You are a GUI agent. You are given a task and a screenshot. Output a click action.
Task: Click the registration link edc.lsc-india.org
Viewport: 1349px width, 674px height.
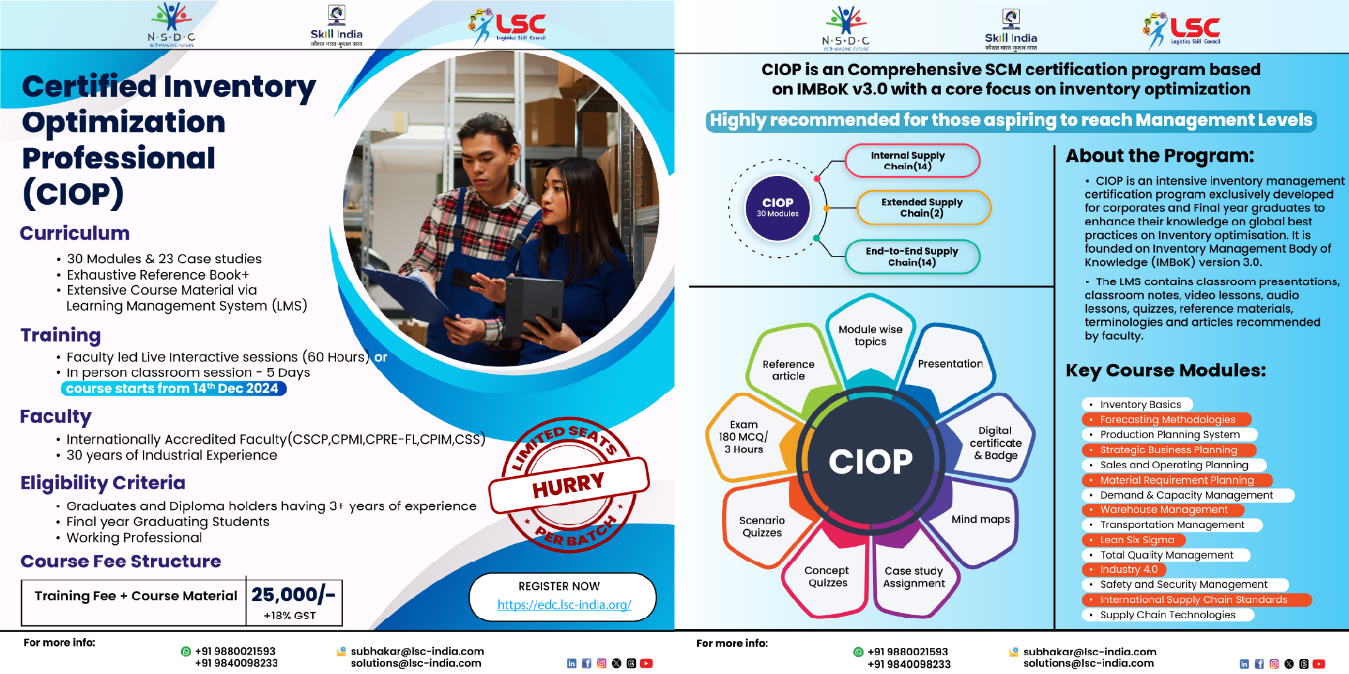pyautogui.click(x=565, y=605)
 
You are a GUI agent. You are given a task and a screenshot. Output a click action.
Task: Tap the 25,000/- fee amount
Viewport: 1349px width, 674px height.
pyautogui.click(x=294, y=595)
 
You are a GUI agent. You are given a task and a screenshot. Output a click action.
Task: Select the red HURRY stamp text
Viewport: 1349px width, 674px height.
pyautogui.click(x=568, y=484)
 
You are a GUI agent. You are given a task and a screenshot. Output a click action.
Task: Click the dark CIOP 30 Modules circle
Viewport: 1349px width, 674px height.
pyautogui.click(x=778, y=208)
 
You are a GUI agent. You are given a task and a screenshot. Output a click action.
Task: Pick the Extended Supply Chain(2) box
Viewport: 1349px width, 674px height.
pyautogui.click(x=922, y=207)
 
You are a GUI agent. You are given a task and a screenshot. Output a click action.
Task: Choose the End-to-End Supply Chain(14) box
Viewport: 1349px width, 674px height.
pyautogui.click(x=912, y=256)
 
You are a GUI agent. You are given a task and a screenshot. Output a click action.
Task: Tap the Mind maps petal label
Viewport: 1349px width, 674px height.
pyautogui.click(x=981, y=519)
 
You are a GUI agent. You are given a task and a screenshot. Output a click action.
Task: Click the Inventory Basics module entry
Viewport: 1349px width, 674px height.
pyautogui.click(x=1137, y=404)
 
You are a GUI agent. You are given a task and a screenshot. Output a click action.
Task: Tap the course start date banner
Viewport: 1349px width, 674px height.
pyautogui.click(x=174, y=388)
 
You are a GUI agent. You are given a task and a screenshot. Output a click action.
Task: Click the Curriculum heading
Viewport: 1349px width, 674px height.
pyautogui.click(x=75, y=233)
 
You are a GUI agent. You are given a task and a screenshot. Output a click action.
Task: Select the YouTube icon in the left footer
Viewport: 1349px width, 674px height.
pyautogui.click(x=646, y=663)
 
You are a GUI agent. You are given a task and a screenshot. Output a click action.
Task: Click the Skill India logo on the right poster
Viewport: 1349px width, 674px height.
pyautogui.click(x=1011, y=29)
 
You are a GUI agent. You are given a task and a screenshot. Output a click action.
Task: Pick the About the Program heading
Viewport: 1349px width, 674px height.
pyautogui.click(x=1160, y=155)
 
